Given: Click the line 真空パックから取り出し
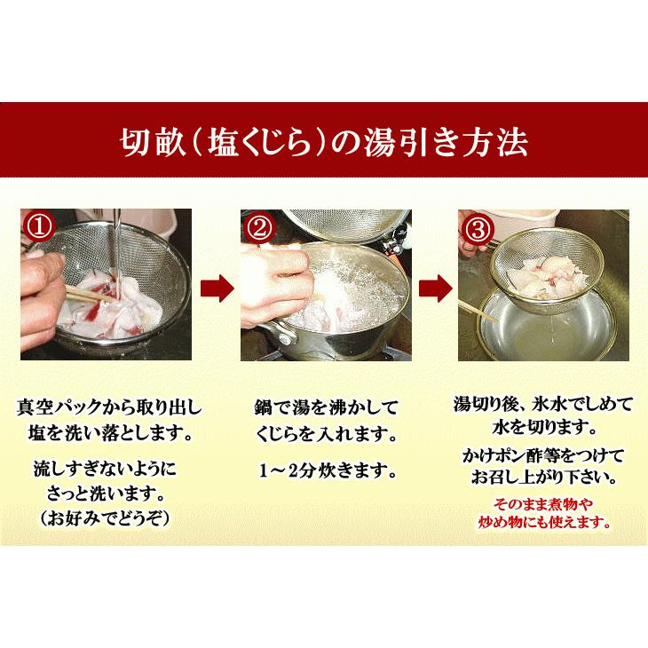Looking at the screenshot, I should tap(110, 408).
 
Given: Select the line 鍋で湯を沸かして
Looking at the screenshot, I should tap(326, 409).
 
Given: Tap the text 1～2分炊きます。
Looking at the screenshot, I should tap(326, 468).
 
